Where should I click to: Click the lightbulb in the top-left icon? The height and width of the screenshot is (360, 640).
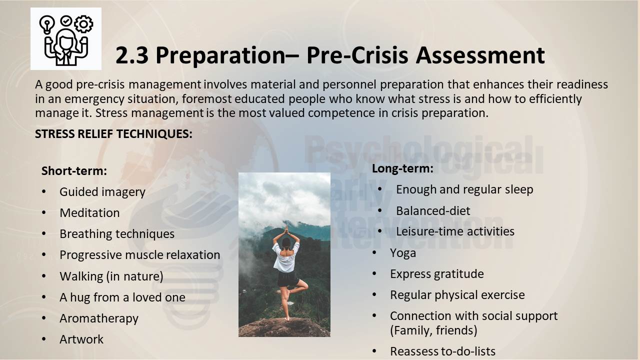tap(47, 24)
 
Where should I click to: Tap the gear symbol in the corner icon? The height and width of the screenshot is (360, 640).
tap(83, 24)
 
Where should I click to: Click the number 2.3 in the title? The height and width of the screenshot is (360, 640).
tap(132, 55)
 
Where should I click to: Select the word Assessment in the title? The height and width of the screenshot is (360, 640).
tap(480, 55)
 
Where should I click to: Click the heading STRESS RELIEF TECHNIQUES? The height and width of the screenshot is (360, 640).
tap(113, 134)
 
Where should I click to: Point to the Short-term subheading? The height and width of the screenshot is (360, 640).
tap(74, 171)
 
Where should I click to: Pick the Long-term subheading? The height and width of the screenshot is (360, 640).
tap(402, 168)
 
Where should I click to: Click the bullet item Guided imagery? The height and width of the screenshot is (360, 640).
tap(102, 192)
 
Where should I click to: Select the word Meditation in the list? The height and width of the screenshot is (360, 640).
tap(89, 213)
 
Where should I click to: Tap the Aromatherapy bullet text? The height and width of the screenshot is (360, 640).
tap(99, 318)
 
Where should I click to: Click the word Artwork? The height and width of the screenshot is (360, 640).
tap(81, 339)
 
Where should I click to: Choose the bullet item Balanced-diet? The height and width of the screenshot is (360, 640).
tap(433, 211)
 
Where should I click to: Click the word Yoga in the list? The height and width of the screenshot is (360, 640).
tap(403, 253)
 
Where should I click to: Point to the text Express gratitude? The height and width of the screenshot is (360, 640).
tap(437, 274)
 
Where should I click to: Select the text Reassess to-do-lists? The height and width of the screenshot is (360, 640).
tap(442, 351)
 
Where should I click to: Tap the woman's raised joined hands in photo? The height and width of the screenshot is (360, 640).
tap(286, 229)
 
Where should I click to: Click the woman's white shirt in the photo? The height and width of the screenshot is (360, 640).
tap(285, 257)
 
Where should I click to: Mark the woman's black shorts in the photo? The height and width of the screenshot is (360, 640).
tap(287, 278)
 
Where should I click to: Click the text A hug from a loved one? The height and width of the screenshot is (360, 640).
tap(122, 297)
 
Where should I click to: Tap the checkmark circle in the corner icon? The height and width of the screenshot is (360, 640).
tap(66, 21)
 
